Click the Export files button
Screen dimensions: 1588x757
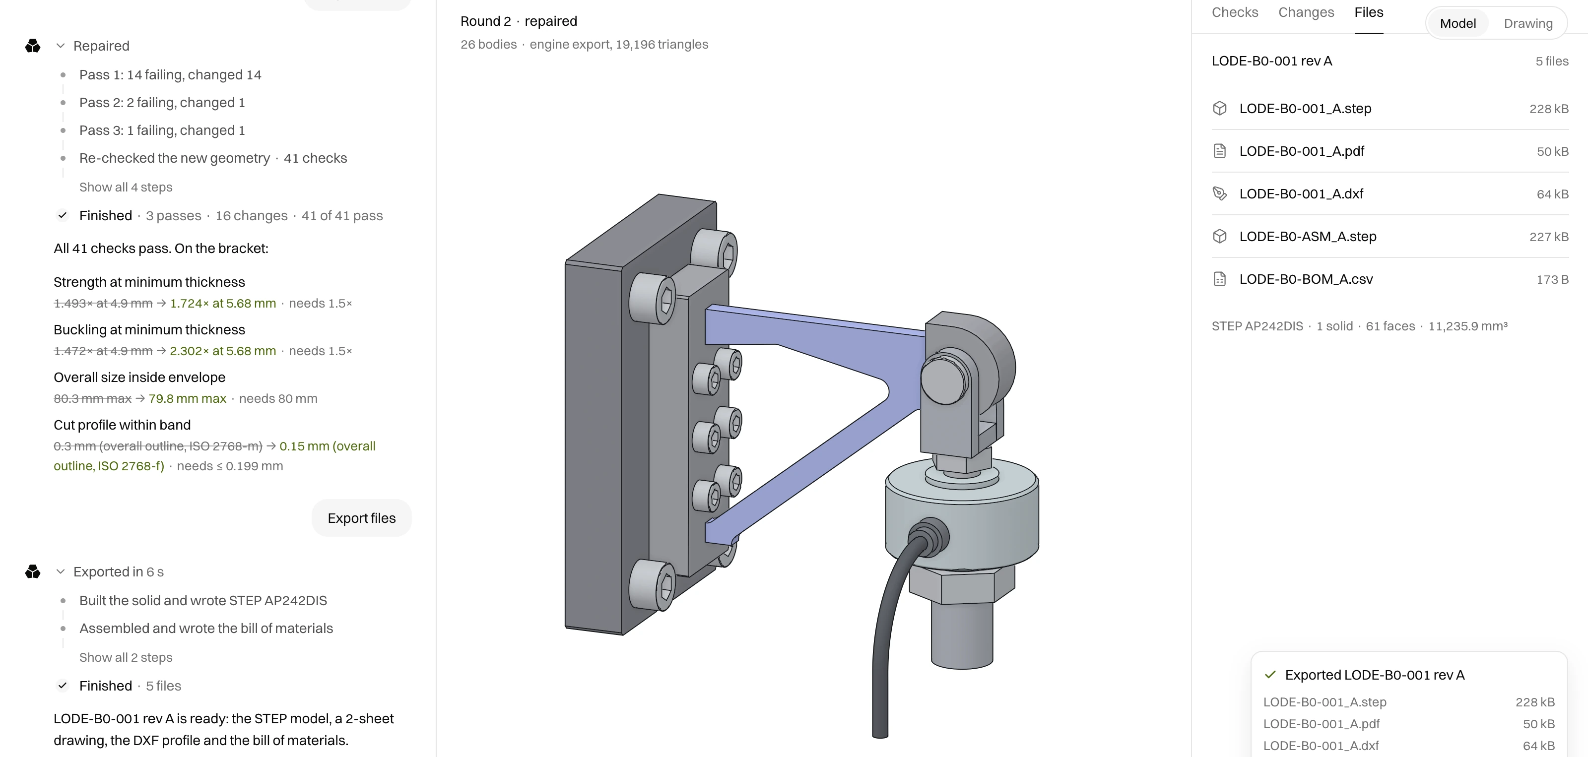click(361, 518)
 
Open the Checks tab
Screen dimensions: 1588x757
click(1235, 12)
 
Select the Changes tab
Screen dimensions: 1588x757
click(1306, 12)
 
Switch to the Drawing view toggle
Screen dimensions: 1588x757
click(1527, 23)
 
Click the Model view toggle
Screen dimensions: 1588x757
click(1458, 23)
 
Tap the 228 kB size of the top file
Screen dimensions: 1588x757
click(1548, 109)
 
